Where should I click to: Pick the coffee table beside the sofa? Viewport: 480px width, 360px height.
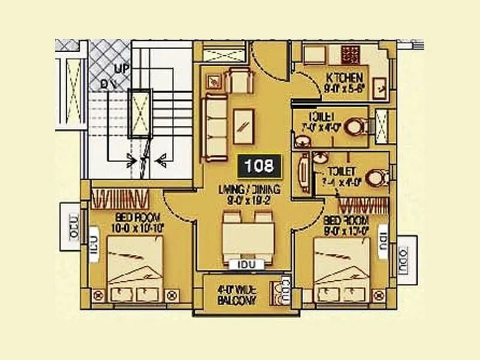[244, 126]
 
